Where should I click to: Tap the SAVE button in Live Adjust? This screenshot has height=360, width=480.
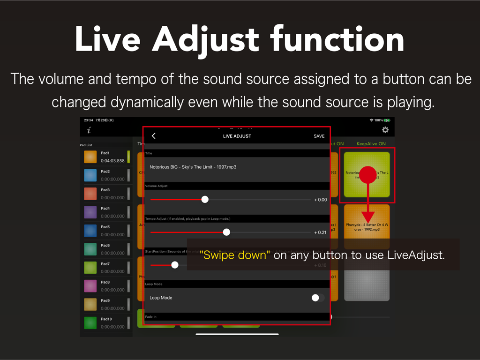point(319,136)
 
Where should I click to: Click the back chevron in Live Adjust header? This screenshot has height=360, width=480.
point(154,136)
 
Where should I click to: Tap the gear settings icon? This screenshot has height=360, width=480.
point(385,130)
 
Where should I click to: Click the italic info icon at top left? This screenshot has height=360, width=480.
point(89,130)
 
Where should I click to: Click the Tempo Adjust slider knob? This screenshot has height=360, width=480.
point(226,232)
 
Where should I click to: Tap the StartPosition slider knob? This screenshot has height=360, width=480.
point(175,265)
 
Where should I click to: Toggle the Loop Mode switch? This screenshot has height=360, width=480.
point(317,298)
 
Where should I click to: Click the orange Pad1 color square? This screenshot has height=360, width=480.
point(90,157)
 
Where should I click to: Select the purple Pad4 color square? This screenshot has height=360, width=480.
point(90,212)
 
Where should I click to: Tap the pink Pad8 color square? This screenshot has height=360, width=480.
point(90,285)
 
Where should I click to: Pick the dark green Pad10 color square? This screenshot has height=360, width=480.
point(90,322)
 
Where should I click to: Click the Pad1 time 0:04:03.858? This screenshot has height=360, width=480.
point(113,161)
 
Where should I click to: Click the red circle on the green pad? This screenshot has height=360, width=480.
point(368,174)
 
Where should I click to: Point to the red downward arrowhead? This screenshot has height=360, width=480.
point(368,217)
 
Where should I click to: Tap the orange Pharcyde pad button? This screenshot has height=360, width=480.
point(367,227)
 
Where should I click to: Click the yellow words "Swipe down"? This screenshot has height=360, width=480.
point(235,255)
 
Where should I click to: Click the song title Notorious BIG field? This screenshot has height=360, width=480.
point(193,167)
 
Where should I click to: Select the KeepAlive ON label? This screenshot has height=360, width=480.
point(371,143)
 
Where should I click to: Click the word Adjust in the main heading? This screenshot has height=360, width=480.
point(205,39)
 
